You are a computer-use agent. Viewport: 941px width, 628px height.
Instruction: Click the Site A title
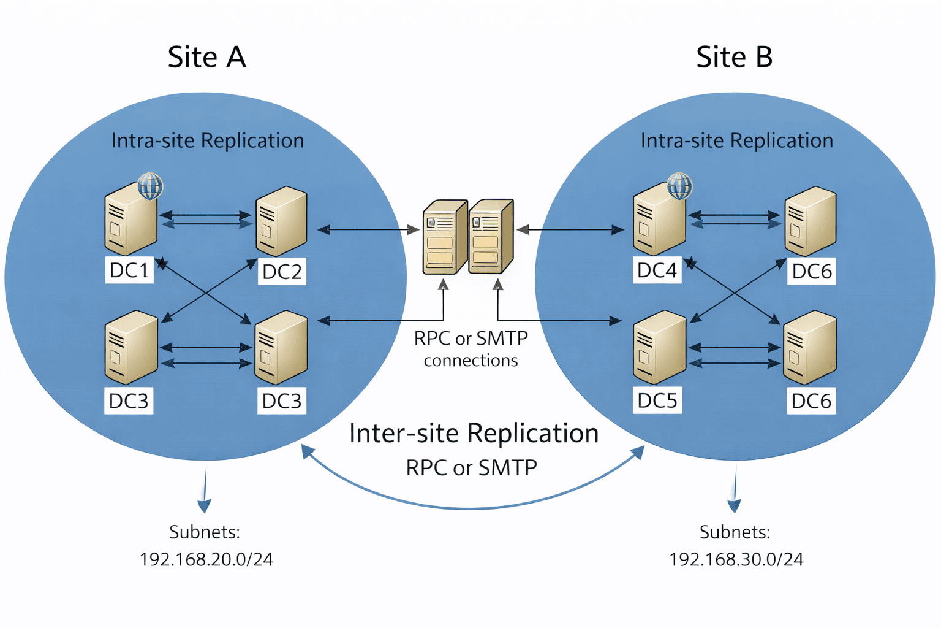[206, 58]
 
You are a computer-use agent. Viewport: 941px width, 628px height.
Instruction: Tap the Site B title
[734, 58]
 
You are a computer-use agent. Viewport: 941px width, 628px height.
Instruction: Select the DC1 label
[129, 270]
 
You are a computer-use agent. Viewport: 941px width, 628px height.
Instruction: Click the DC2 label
[282, 272]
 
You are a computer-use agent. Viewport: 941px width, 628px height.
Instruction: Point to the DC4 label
[657, 270]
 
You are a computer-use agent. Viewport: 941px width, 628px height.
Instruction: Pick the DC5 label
[657, 400]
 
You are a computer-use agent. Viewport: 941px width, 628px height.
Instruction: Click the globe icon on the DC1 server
[150, 185]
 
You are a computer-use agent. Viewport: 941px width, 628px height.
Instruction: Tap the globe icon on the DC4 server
[679, 185]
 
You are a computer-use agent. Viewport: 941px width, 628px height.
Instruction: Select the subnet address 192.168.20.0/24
[206, 559]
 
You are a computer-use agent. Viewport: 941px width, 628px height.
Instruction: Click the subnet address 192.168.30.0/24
[736, 559]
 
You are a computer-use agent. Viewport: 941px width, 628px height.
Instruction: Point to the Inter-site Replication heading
[474, 434]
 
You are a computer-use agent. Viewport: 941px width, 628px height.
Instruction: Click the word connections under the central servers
[470, 361]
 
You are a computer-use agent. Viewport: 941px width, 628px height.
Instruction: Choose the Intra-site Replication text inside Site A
[208, 140]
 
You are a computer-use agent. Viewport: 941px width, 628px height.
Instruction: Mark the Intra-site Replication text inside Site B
[736, 140]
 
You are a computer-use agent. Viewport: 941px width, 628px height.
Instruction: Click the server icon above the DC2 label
[281, 222]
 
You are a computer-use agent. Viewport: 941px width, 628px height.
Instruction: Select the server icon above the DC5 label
[659, 347]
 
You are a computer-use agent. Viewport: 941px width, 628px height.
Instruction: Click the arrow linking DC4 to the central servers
[570, 230]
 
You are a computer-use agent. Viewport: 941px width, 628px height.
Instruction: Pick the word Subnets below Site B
[735, 532]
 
